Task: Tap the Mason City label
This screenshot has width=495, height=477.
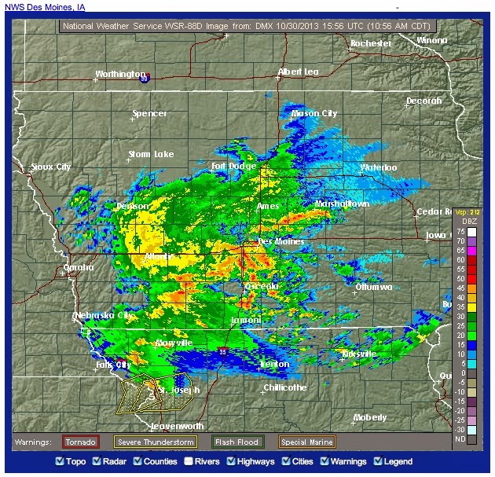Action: click(314, 113)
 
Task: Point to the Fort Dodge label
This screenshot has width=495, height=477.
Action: click(233, 167)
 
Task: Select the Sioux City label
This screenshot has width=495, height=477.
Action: click(50, 167)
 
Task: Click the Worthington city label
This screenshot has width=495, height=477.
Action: click(120, 74)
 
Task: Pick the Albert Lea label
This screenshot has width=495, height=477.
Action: click(299, 72)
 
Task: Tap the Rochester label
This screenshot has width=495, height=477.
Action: click(370, 43)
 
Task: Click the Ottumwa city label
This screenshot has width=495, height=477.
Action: click(373, 288)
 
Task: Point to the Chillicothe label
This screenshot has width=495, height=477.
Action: click(286, 387)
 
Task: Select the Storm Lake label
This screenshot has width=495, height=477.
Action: click(152, 154)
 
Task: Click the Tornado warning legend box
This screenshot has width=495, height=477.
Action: click(80, 442)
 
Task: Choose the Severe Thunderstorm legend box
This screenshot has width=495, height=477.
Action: click(155, 442)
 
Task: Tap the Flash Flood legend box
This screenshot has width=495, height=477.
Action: click(237, 442)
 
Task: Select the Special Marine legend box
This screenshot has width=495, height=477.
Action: click(306, 442)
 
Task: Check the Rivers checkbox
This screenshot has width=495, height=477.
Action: click(189, 462)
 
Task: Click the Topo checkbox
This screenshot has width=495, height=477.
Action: click(60, 462)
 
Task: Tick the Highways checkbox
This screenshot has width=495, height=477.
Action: click(232, 462)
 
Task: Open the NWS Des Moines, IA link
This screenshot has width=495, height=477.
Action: click(46, 7)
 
